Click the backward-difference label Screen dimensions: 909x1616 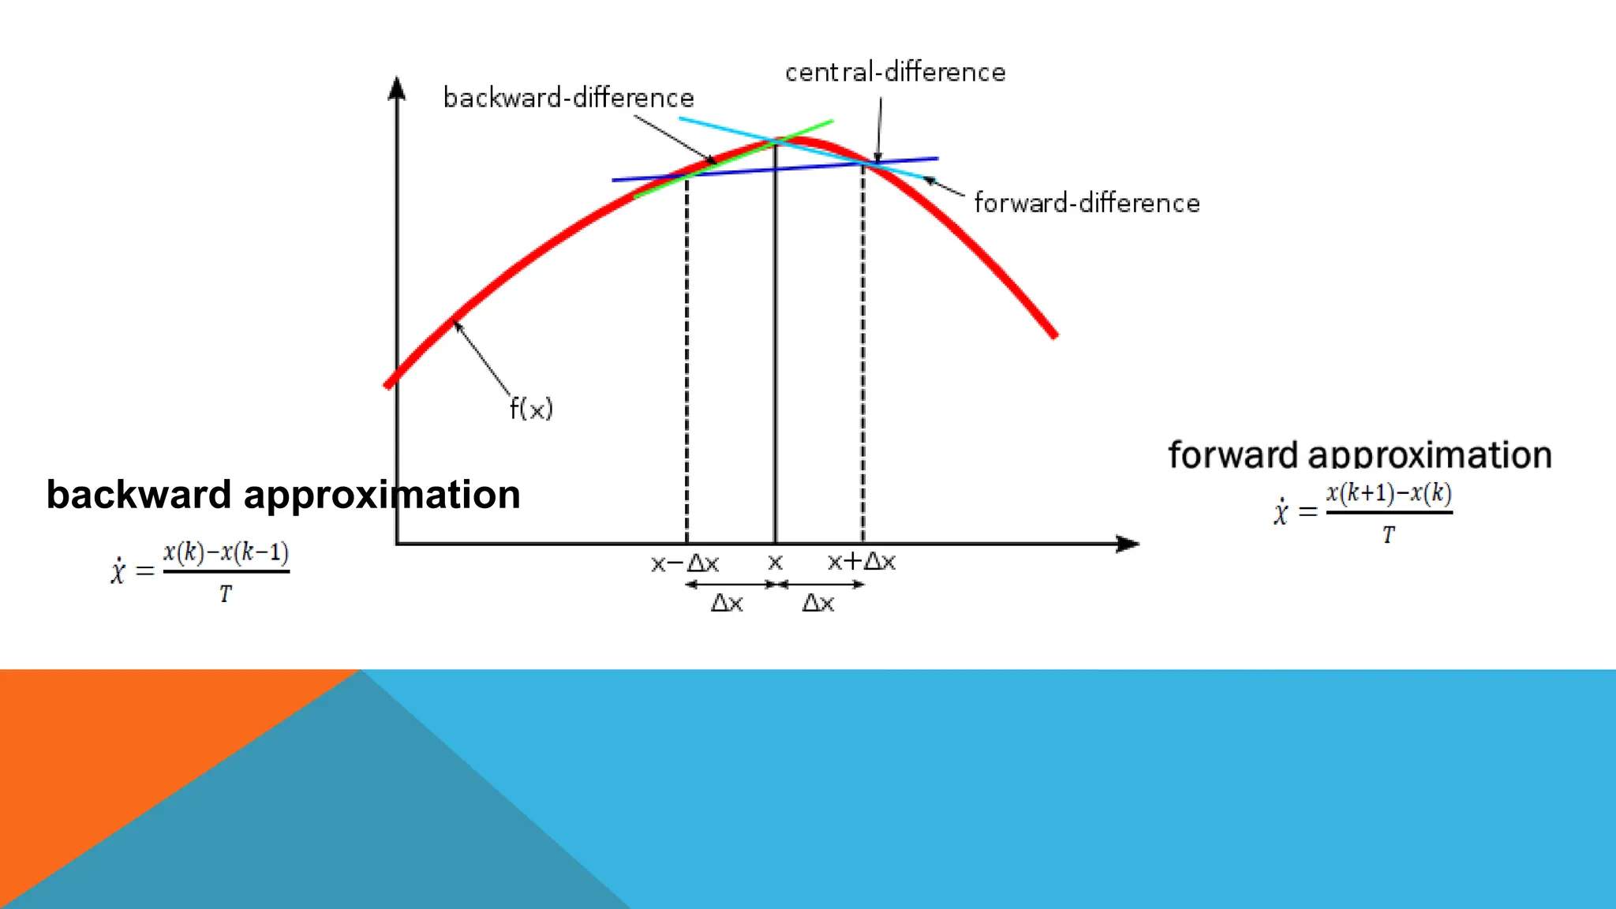[x=568, y=98]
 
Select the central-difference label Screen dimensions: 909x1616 [x=895, y=73]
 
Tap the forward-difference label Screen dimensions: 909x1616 [x=1087, y=204]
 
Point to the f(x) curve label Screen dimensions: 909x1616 [x=531, y=409]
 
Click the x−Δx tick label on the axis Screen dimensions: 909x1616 [x=684, y=563]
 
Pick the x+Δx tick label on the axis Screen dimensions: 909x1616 [x=861, y=562]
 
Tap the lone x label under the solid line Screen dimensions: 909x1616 [x=775, y=563]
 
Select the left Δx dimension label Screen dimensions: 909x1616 [x=727, y=604]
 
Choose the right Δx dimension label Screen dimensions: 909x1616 [x=818, y=604]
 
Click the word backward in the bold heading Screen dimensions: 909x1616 [x=138, y=495]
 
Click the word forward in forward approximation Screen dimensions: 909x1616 [x=1233, y=455]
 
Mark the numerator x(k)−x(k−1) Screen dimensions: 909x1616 [x=226, y=552]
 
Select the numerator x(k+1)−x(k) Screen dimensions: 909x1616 [x=1389, y=494]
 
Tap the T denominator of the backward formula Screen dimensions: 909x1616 [x=226, y=594]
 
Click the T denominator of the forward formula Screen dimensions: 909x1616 [x=1389, y=536]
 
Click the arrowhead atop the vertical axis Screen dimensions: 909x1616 [x=397, y=88]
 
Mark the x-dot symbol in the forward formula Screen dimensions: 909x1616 [x=1280, y=512]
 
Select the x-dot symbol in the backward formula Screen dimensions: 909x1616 [x=118, y=570]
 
